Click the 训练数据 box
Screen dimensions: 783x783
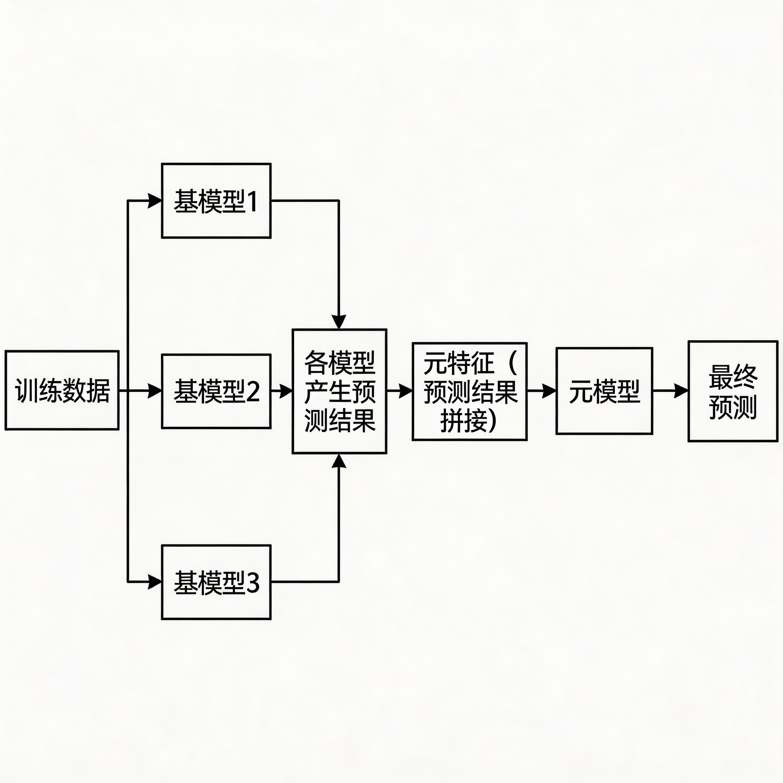(x=62, y=390)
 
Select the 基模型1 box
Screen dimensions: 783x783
(x=216, y=201)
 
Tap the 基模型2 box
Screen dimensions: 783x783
(x=216, y=391)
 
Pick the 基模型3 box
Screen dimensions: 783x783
(x=216, y=582)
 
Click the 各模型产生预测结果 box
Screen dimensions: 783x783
(x=339, y=391)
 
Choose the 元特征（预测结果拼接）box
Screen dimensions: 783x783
(x=469, y=391)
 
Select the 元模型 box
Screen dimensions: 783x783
(x=604, y=391)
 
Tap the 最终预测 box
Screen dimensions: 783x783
(x=733, y=391)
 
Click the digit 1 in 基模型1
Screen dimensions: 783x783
(x=252, y=201)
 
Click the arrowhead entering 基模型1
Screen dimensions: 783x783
(x=155, y=201)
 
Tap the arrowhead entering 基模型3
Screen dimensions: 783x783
(x=155, y=582)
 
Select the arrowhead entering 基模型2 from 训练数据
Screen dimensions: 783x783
(x=155, y=391)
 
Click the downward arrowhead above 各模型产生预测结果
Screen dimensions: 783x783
(x=339, y=322)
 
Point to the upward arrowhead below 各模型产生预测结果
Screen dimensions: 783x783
(x=339, y=461)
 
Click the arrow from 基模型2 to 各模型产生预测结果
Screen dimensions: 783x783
(x=282, y=391)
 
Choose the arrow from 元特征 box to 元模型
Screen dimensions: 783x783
(x=541, y=391)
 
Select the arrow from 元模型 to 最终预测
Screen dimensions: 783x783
(x=670, y=391)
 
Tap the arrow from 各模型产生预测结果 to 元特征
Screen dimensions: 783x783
(x=400, y=391)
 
